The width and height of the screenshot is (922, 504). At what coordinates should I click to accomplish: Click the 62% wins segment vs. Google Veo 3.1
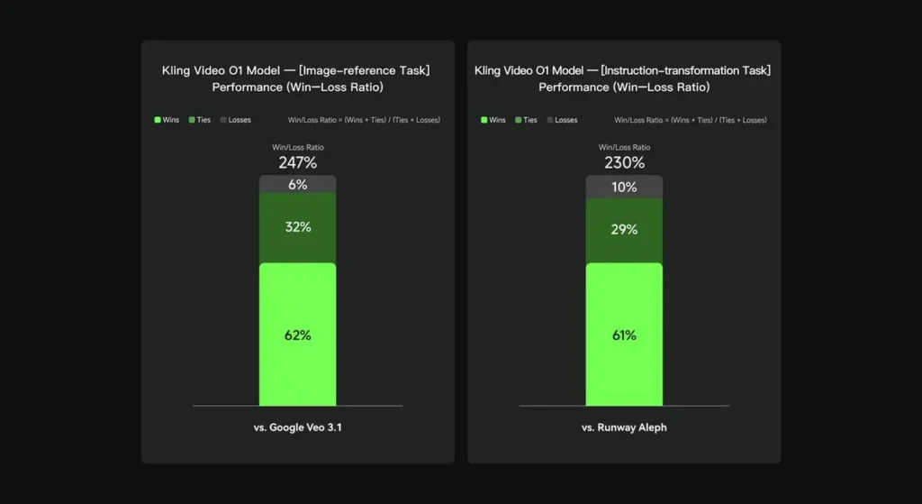coord(297,334)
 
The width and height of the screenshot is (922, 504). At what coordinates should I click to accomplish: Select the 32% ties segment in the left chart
coord(297,227)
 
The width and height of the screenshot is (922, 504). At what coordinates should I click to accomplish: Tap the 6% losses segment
coord(297,184)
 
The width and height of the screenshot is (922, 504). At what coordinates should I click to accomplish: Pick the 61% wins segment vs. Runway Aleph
coord(624,334)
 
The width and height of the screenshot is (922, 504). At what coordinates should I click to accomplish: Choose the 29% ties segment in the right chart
coord(624,230)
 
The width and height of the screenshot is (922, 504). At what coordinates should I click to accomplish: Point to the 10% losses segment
coord(624,187)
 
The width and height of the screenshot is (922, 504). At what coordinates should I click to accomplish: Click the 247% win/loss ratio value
coord(297,163)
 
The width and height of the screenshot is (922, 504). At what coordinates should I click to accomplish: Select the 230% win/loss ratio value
coord(624,163)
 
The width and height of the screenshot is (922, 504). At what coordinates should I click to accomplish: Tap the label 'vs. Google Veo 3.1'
coord(297,427)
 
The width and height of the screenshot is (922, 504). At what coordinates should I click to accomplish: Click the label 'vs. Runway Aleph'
coord(624,427)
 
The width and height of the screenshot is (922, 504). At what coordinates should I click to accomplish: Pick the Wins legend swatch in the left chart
coord(158,120)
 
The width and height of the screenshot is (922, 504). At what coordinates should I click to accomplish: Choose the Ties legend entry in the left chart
coord(200,120)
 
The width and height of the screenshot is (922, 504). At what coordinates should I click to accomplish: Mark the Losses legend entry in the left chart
coord(235,120)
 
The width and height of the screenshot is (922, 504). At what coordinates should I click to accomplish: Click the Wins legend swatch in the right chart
coord(484,120)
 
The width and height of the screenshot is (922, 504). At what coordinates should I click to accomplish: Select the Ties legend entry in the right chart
coord(527,120)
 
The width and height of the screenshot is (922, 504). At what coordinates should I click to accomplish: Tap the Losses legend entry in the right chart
coord(562,120)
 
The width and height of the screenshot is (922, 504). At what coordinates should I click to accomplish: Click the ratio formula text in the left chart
coord(364,120)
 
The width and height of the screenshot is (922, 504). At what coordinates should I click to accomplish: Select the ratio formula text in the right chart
coord(691,120)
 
